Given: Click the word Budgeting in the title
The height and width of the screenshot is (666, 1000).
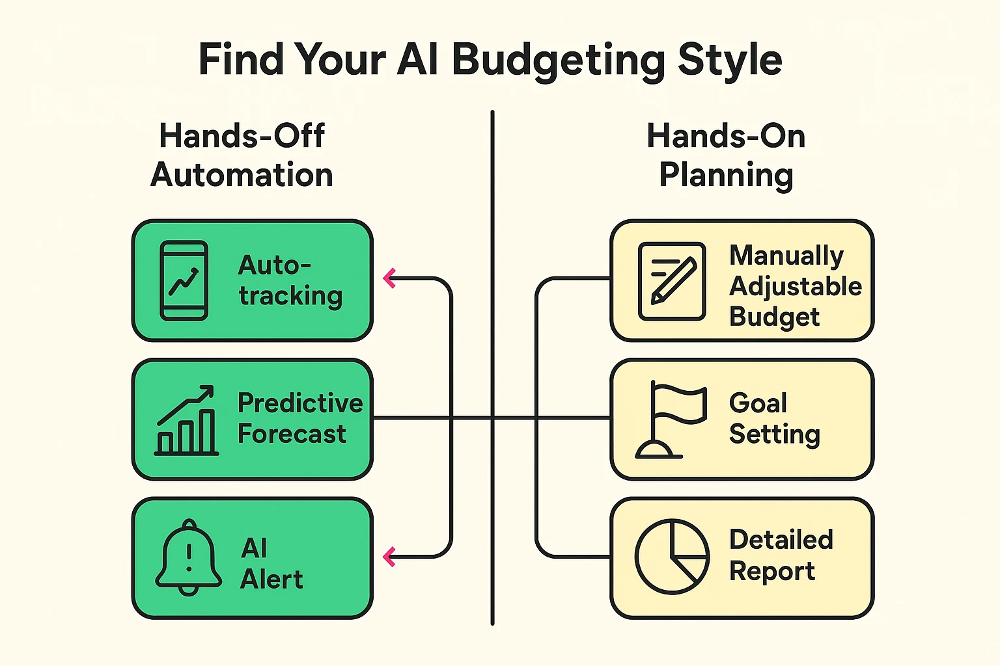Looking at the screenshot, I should click(x=559, y=60).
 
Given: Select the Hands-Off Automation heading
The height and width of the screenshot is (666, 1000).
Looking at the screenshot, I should click(x=242, y=155).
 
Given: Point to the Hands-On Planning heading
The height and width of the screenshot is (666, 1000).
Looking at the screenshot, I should click(x=726, y=155).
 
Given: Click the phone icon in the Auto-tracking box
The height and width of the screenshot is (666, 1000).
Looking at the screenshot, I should click(x=184, y=280).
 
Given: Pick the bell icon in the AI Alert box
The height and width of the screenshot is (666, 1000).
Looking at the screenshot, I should click(x=189, y=557).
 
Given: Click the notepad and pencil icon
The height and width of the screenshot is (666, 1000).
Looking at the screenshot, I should click(x=672, y=281).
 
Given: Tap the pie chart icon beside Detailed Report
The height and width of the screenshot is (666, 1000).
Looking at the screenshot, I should click(x=672, y=557).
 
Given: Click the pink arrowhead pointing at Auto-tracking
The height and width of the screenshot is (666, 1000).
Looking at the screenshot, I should click(x=390, y=278).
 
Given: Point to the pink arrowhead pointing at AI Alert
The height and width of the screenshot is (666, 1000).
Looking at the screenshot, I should click(x=390, y=557).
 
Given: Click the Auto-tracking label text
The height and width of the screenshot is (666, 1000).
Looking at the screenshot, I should click(x=290, y=280).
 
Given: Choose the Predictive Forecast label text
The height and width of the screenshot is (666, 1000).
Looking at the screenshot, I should click(x=299, y=418).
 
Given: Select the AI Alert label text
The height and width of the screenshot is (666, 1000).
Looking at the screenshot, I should click(x=271, y=563).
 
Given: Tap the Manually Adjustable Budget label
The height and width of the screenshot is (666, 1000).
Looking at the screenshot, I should click(x=795, y=286).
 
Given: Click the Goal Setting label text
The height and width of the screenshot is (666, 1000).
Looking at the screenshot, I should click(x=774, y=418).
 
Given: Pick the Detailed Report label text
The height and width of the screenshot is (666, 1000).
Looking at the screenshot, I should click(x=781, y=555).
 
